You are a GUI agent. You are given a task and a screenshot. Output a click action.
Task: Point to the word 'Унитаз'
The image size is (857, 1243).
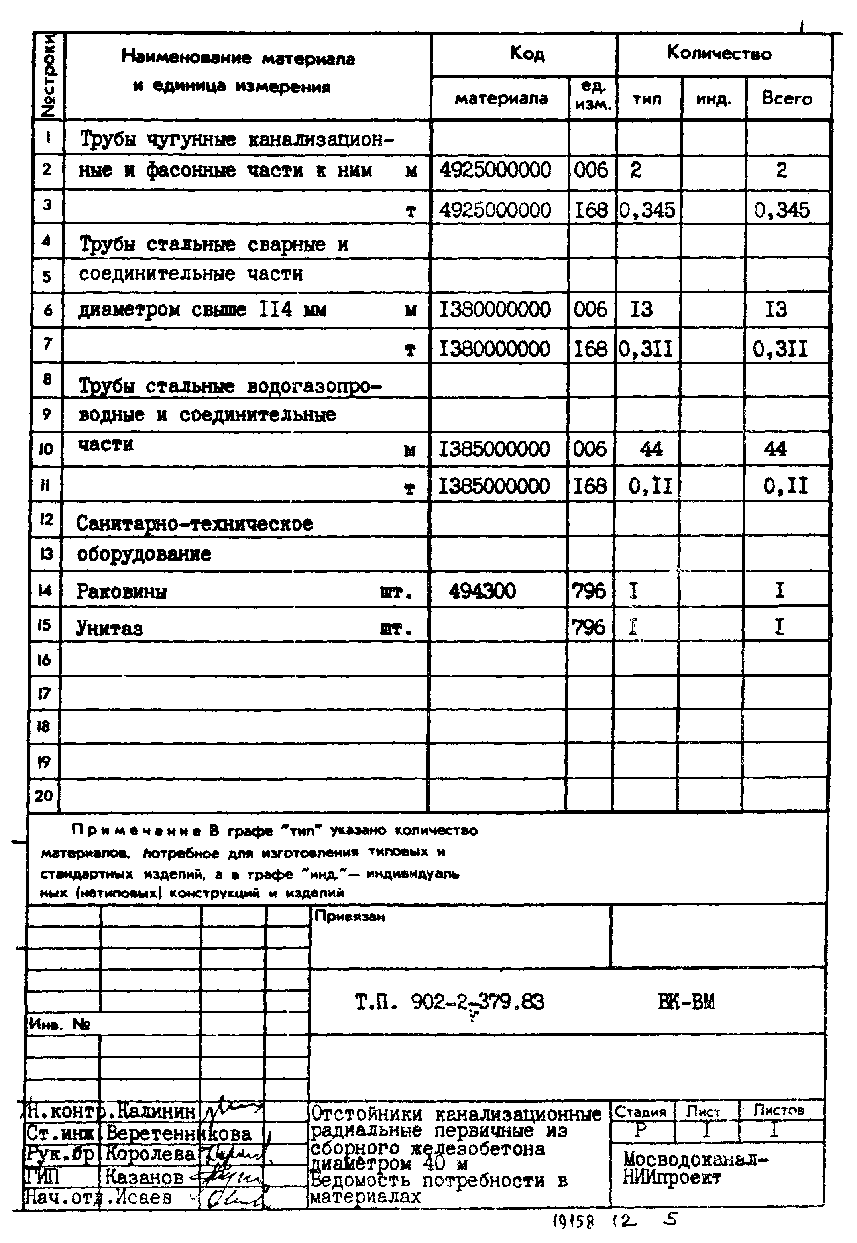[110, 628]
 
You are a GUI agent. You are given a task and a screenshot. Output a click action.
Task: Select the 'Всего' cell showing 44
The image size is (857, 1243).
[775, 449]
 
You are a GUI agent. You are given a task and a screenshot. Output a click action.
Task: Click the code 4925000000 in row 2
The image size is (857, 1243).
[495, 170]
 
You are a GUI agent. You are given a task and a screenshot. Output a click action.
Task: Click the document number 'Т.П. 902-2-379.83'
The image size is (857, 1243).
[450, 1002]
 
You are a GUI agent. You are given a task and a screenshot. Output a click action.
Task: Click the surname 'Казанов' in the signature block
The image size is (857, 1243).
[144, 1178]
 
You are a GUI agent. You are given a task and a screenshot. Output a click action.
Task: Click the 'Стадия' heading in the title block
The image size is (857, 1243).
[640, 1111]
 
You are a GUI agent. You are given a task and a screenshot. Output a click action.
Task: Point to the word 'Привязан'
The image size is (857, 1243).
[350, 917]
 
